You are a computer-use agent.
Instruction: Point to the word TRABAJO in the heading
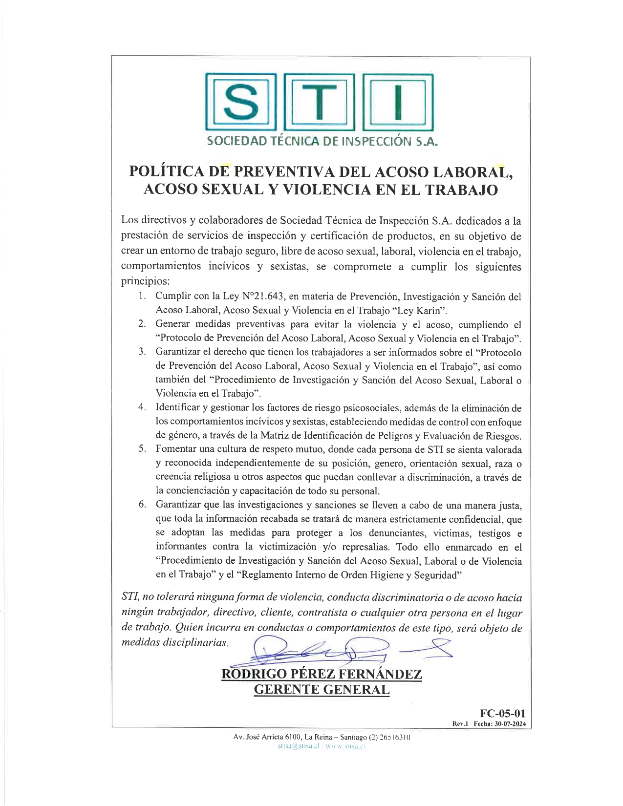point(462,190)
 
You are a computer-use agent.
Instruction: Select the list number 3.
point(142,352)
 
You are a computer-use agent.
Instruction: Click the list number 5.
point(142,449)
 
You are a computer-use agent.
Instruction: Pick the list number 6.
point(142,505)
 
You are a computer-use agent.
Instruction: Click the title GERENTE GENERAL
point(322,690)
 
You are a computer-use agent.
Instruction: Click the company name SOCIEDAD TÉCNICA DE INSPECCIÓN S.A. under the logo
point(322,142)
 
